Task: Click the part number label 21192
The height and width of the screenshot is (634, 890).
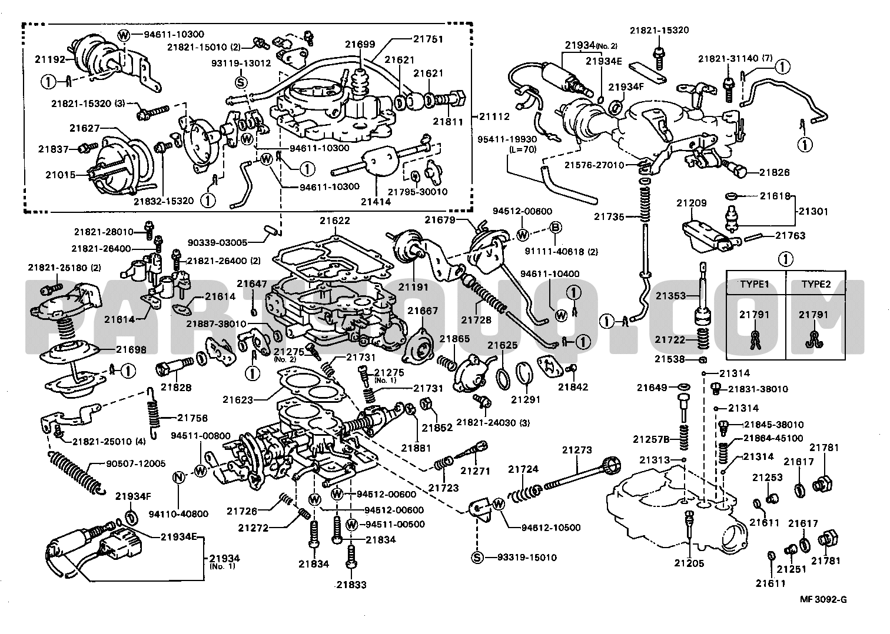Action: pyautogui.click(x=49, y=59)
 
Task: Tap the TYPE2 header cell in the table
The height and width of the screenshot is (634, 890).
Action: pyautogui.click(x=816, y=284)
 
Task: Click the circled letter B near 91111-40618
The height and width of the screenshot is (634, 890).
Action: pyautogui.click(x=556, y=228)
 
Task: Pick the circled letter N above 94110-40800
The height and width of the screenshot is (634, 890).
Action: pyautogui.click(x=179, y=477)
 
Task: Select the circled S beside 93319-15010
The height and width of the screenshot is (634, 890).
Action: pyautogui.click(x=477, y=558)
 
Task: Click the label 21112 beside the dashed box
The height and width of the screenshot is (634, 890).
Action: pyautogui.click(x=494, y=116)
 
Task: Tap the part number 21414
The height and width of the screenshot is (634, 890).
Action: pyautogui.click(x=376, y=202)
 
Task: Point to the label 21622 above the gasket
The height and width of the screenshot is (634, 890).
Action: pyautogui.click(x=335, y=221)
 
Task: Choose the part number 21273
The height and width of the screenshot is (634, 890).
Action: pyautogui.click(x=577, y=450)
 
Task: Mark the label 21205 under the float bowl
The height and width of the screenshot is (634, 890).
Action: pyautogui.click(x=689, y=563)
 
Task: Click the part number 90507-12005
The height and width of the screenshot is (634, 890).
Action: pyautogui.click(x=135, y=463)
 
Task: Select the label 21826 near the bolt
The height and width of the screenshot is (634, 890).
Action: pyautogui.click(x=775, y=173)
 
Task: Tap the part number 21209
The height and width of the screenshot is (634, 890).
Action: pyautogui.click(x=692, y=203)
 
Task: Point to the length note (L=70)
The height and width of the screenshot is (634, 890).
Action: pyautogui.click(x=523, y=149)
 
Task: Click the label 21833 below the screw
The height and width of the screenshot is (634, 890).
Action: pyautogui.click(x=351, y=585)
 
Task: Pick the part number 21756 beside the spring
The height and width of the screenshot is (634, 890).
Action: pyautogui.click(x=192, y=418)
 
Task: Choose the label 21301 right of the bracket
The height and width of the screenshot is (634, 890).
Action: pyautogui.click(x=813, y=211)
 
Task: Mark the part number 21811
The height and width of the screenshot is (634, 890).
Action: pyautogui.click(x=448, y=122)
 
